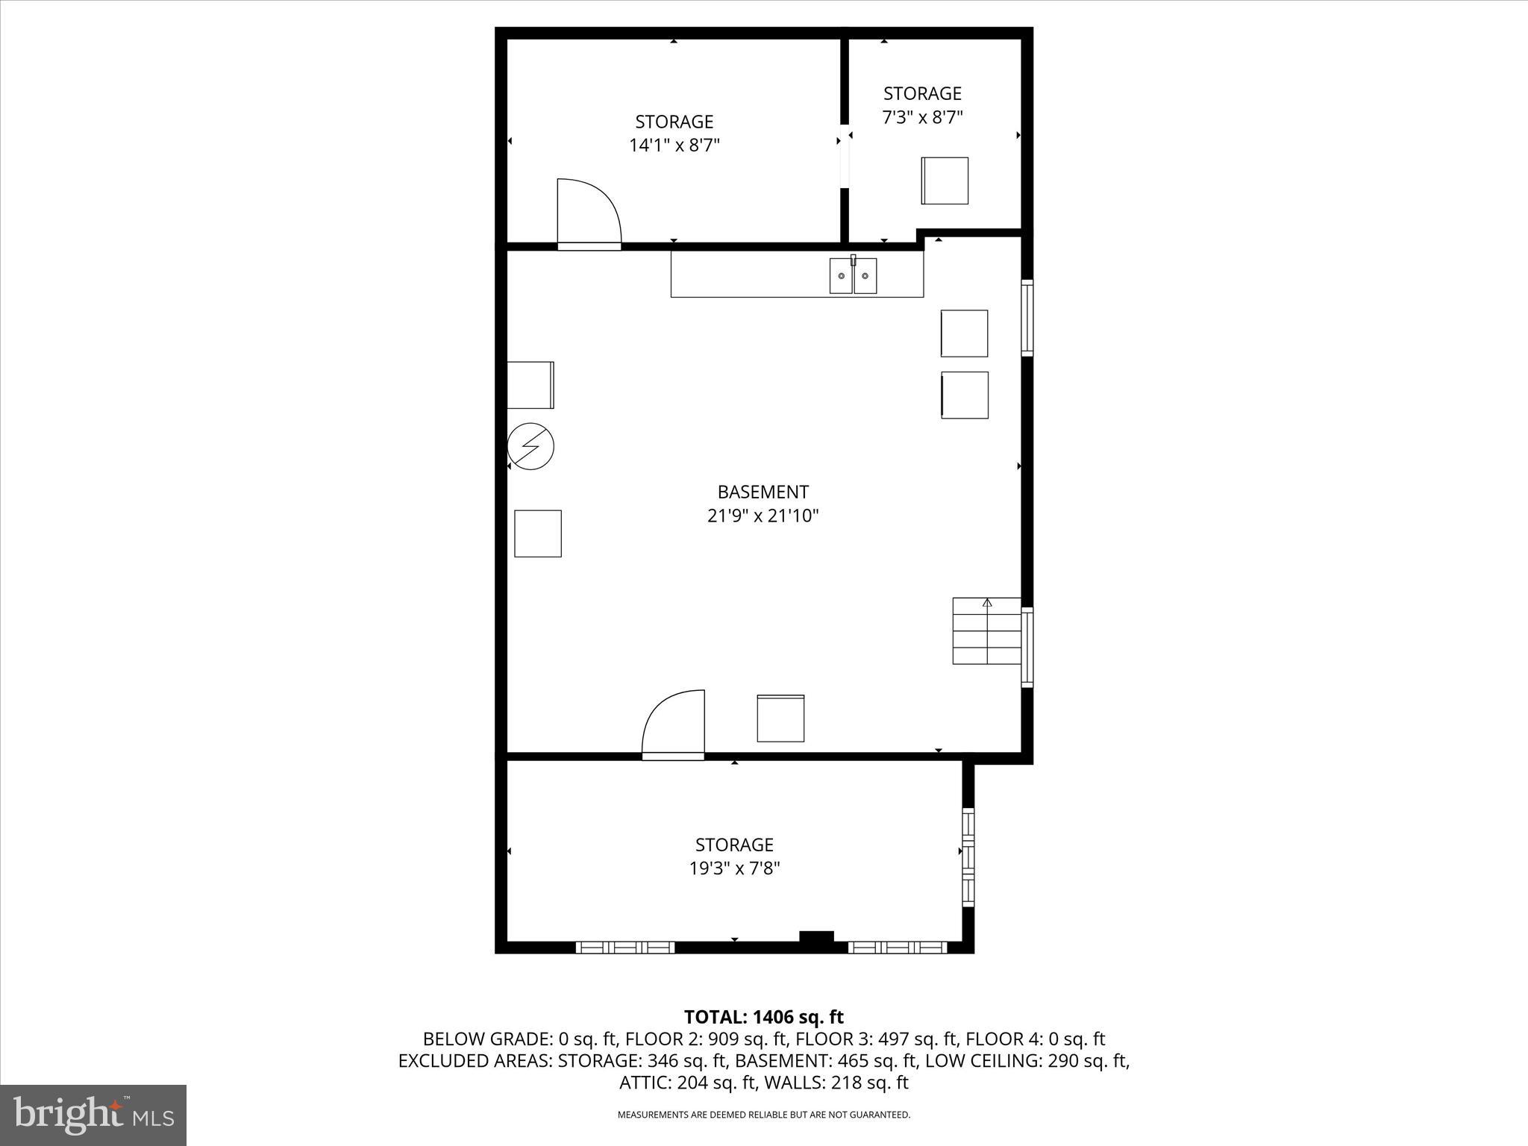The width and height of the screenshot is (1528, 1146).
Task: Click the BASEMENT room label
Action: pos(763,492)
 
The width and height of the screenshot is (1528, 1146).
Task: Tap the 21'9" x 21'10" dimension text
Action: pos(763,516)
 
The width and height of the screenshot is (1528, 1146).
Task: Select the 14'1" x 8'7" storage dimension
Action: pos(674,145)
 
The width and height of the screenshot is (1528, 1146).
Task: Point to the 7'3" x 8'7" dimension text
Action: pos(922,117)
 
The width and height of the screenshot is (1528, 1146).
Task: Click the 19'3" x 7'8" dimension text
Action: pos(734,868)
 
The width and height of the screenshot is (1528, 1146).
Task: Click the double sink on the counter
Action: pos(853,275)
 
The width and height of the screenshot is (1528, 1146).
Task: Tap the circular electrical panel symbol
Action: pos(530,446)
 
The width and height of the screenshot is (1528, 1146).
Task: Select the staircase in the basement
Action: pos(986,631)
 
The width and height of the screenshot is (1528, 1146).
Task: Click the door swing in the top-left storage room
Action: pos(588,212)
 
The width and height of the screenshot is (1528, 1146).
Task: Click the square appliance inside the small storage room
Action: pos(945,181)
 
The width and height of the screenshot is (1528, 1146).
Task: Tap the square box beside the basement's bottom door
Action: pos(780,718)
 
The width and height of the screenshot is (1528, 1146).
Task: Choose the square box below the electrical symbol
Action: pos(537,533)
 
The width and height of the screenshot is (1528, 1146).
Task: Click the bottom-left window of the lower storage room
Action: pos(624,948)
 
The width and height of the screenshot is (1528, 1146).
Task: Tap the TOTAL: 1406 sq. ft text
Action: pos(763,1017)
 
